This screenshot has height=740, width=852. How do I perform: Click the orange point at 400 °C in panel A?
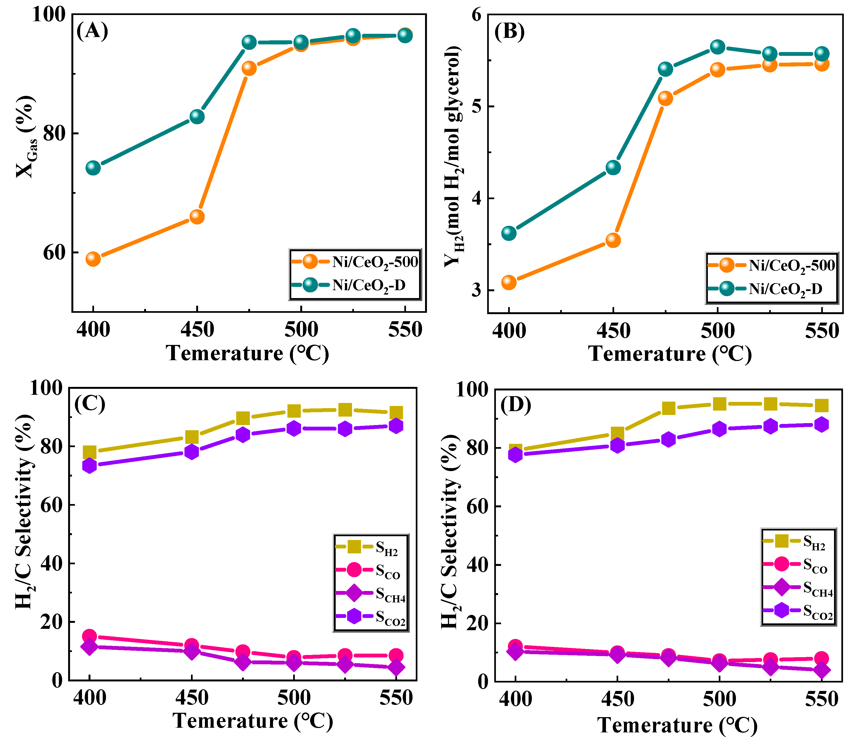click(93, 259)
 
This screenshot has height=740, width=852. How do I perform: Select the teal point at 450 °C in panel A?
click(197, 116)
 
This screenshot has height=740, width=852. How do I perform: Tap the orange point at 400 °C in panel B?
click(509, 283)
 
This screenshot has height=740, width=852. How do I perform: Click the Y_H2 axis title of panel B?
click(453, 157)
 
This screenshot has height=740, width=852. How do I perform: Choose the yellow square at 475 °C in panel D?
click(669, 408)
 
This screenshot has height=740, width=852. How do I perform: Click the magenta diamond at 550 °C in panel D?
click(822, 669)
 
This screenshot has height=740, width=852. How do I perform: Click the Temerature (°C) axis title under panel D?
click(677, 725)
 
